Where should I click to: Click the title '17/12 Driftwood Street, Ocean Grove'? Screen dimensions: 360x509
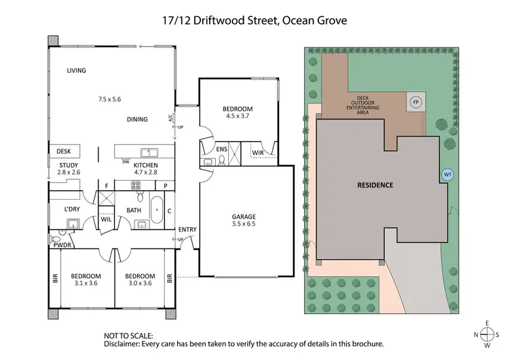(x=254, y=21)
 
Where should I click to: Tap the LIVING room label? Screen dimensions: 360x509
(x=80, y=71)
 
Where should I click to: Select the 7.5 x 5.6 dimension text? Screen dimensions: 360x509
(x=109, y=99)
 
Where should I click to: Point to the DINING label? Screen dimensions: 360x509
(x=137, y=120)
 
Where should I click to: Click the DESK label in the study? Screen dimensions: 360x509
(x=64, y=151)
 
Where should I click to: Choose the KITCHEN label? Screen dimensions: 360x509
(x=145, y=165)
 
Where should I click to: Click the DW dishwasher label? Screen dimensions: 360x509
(x=126, y=162)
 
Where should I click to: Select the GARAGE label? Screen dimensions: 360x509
(x=244, y=217)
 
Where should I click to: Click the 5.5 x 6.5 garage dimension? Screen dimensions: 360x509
(x=244, y=225)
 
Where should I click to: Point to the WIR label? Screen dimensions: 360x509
(x=258, y=154)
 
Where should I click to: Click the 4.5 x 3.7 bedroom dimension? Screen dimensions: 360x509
(x=238, y=117)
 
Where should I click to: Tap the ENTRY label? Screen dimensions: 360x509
(x=187, y=230)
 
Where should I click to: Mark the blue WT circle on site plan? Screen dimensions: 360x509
(x=447, y=175)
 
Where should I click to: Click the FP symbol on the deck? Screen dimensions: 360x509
(x=415, y=103)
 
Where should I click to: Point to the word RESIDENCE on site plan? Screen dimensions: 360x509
(x=375, y=185)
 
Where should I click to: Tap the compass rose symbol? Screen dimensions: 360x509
(x=486, y=334)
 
